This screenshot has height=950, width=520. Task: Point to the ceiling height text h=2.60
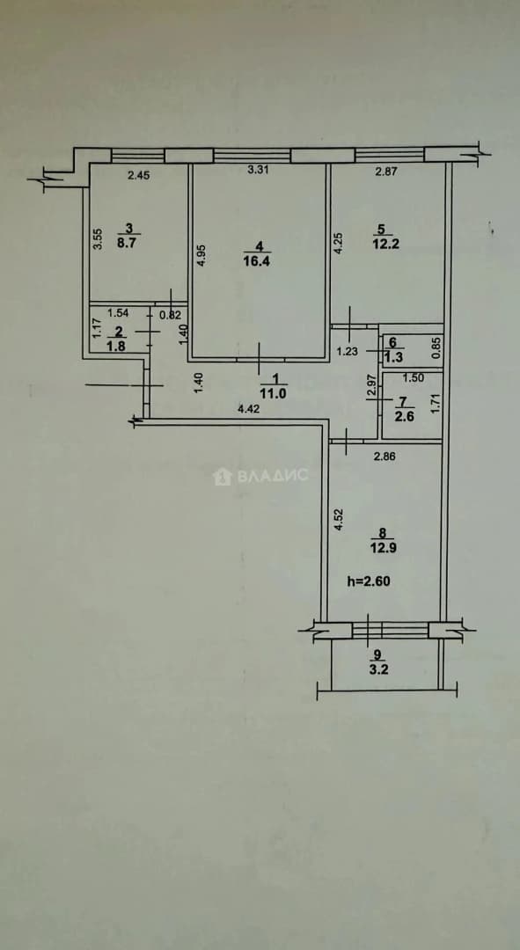point(368,581)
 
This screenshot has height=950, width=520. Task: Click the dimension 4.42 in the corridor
point(246,409)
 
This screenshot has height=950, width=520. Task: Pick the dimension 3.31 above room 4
point(259,171)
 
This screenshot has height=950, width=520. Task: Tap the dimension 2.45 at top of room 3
point(138,177)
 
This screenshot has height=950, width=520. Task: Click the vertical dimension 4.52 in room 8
point(340,521)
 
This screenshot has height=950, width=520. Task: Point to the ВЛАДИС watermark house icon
point(223,476)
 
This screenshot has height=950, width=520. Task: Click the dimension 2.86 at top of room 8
point(385,457)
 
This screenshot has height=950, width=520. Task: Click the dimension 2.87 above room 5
point(385,172)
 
